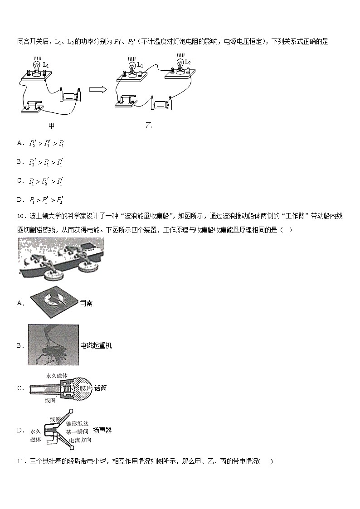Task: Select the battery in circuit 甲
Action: click(x=70, y=96)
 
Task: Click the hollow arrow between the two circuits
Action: click(x=97, y=90)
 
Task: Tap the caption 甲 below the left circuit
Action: click(x=51, y=126)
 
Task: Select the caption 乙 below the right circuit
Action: click(x=148, y=126)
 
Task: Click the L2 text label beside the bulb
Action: click(x=188, y=62)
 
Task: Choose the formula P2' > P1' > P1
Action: click(x=46, y=144)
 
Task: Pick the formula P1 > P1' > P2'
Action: click(x=46, y=199)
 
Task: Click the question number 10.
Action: click(x=21, y=217)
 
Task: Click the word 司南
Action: click(x=86, y=303)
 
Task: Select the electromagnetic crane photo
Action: click(x=53, y=345)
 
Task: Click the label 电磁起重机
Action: click(x=96, y=346)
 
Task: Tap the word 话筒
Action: click(x=101, y=388)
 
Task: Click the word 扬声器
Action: click(x=102, y=430)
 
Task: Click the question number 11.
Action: click(x=21, y=461)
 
